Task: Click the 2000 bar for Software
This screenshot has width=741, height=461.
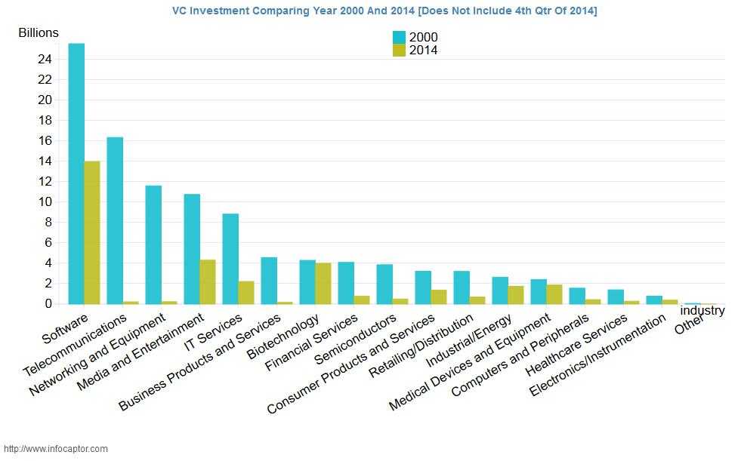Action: pyautogui.click(x=76, y=174)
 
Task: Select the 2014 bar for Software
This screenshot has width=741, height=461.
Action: pyautogui.click(x=92, y=232)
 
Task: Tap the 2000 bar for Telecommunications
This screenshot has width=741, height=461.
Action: pyautogui.click(x=115, y=220)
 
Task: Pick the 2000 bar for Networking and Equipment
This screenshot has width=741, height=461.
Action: pyautogui.click(x=153, y=244)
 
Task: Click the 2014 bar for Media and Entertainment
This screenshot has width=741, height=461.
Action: pyautogui.click(x=208, y=281)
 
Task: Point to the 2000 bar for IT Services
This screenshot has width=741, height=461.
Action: pyautogui.click(x=230, y=259)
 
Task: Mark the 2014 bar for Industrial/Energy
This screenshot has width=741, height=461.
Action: pyautogui.click(x=516, y=294)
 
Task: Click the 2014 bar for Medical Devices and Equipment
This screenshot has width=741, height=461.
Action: pyautogui.click(x=554, y=294)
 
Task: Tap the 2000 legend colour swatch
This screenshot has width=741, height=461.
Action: pyautogui.click(x=400, y=37)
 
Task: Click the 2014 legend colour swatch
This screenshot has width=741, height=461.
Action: pyautogui.click(x=400, y=51)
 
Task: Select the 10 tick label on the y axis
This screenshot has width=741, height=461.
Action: pyautogui.click(x=45, y=201)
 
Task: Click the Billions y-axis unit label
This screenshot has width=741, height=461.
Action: pyautogui.click(x=39, y=33)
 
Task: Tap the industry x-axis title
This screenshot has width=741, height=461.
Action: pyautogui.click(x=702, y=310)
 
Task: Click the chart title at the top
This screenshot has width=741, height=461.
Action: pyautogui.click(x=384, y=11)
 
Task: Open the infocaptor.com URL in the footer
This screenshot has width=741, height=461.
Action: pyautogui.click(x=56, y=448)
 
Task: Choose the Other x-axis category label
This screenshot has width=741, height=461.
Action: pyautogui.click(x=690, y=324)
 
